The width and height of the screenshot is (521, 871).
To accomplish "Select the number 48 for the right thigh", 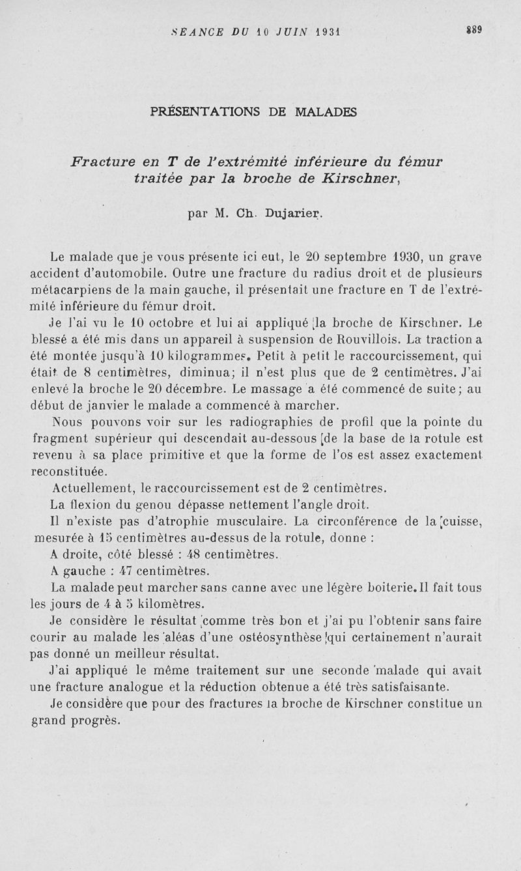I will [193, 554].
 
